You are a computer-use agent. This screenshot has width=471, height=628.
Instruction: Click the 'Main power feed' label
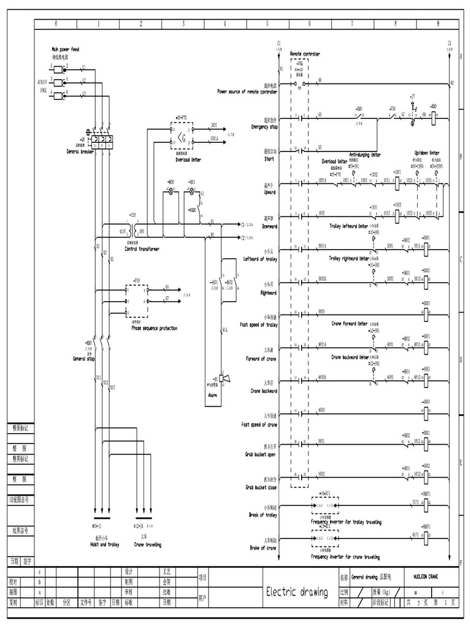click(66, 48)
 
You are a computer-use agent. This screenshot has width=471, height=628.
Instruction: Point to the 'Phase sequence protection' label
click(154, 328)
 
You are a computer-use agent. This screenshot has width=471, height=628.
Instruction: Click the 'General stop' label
click(84, 358)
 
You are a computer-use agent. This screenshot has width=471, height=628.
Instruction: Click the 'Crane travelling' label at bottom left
click(148, 544)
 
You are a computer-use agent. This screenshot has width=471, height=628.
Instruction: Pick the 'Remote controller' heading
click(305, 54)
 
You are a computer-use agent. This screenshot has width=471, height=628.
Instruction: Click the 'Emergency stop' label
click(264, 127)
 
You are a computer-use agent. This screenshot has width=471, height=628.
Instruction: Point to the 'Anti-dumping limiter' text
click(365, 155)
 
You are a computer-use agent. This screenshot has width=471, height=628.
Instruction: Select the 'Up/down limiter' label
click(426, 153)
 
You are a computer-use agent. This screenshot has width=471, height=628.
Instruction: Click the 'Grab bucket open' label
click(261, 454)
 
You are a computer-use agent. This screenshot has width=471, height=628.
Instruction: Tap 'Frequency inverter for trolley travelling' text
click(346, 523)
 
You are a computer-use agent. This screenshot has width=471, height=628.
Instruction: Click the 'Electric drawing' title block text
click(297, 591)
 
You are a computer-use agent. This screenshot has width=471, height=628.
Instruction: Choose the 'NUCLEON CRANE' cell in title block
click(426, 577)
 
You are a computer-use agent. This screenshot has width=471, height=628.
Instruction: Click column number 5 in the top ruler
click(267, 24)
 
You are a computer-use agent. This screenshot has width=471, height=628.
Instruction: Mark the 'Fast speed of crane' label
click(259, 424)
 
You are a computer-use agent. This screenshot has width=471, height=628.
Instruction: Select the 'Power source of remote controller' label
click(247, 91)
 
